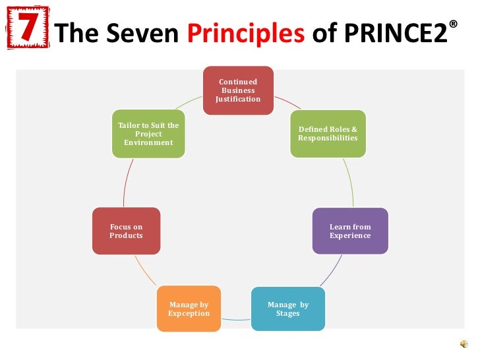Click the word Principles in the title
[245, 33]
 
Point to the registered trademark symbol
[452, 24]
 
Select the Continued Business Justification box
[238, 90]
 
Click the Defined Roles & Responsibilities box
[328, 134]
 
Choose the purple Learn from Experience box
[350, 231]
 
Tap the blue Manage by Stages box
[288, 309]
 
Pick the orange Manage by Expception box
[189, 309]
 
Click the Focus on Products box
[126, 231]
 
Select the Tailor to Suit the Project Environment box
[148, 134]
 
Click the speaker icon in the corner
[465, 345]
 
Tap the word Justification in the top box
[238, 100]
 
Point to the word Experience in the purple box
[350, 235]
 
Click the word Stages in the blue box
[288, 313]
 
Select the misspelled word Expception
[189, 313]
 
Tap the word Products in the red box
[126, 235]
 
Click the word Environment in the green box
[148, 142]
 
